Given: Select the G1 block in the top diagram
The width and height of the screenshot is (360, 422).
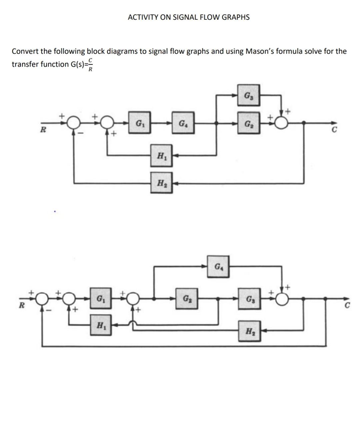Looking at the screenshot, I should click(x=139, y=123).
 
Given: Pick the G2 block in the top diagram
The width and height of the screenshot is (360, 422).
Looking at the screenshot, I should click(x=249, y=123).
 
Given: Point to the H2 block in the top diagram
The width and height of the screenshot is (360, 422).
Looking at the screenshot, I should click(x=161, y=183).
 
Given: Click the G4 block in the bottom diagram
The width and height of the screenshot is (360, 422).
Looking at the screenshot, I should click(x=218, y=267).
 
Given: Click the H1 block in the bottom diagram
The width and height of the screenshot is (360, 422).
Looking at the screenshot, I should click(x=100, y=325).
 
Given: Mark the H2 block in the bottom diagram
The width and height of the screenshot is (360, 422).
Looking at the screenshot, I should click(x=249, y=331).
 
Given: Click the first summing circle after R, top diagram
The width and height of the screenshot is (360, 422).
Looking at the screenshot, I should click(x=73, y=123).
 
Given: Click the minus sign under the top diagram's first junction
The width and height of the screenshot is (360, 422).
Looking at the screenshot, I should click(x=79, y=134).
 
